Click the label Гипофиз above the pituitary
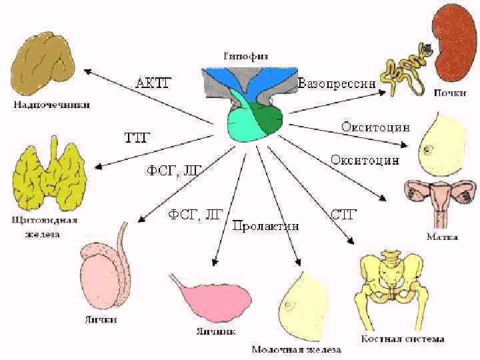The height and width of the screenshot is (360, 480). pyautogui.click(x=246, y=57)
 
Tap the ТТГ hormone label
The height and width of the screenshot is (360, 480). pyautogui.click(x=137, y=138)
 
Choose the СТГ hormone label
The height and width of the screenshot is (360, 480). pyautogui.click(x=344, y=214)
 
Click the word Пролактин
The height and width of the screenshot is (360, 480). pyautogui.click(x=266, y=225)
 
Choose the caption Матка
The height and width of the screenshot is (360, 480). pyautogui.click(x=442, y=235)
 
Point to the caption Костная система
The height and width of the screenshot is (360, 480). pyautogui.click(x=403, y=338)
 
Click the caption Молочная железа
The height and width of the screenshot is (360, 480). pyautogui.click(x=297, y=349)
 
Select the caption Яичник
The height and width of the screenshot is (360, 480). pyautogui.click(x=215, y=331)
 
